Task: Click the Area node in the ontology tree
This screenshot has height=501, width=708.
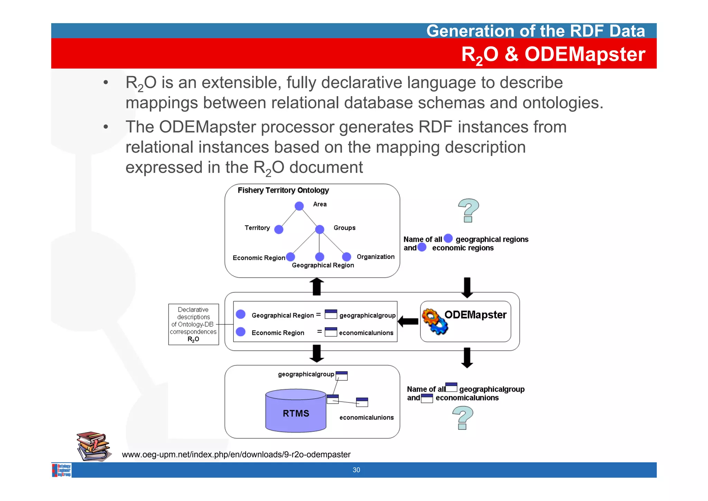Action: [x=299, y=206]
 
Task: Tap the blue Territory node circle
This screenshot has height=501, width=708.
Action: [x=279, y=229]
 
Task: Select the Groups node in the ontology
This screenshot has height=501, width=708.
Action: [x=320, y=229]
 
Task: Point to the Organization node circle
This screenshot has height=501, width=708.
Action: [x=346, y=257]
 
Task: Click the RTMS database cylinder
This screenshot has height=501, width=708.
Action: [x=296, y=411]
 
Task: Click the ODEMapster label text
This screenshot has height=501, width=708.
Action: [x=475, y=315]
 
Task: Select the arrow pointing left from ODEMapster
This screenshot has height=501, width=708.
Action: [x=408, y=322]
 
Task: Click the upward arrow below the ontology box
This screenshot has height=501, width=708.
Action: [x=316, y=286]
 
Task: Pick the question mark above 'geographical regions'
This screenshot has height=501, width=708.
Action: [x=468, y=210]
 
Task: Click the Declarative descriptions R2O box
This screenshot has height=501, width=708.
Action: [x=193, y=324]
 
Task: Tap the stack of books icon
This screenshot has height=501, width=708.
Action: [x=93, y=446]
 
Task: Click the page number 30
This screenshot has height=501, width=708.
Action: [x=356, y=470]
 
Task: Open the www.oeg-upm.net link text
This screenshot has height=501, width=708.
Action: [x=236, y=455]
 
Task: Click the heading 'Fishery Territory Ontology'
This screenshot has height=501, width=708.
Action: [x=283, y=190]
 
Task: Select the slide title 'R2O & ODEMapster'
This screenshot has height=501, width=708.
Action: [x=553, y=54]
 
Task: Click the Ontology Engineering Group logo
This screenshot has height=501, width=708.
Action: [x=62, y=470]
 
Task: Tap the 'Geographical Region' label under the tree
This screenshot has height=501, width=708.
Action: [x=323, y=265]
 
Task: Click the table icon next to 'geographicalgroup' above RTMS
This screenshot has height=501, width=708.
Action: [x=342, y=376]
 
